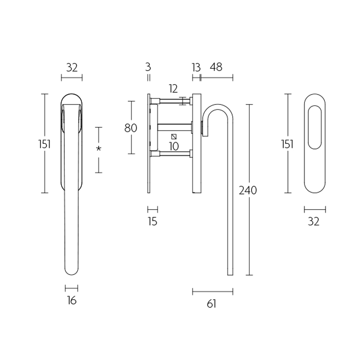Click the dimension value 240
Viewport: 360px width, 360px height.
[x=248, y=190]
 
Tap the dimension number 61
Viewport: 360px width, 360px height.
[x=211, y=304]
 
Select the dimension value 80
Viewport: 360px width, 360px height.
[x=130, y=128]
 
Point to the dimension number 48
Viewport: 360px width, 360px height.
[x=216, y=67]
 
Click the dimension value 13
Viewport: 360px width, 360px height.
[x=196, y=67]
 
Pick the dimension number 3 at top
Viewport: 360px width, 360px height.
[x=148, y=67]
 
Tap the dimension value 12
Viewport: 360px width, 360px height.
[x=173, y=89]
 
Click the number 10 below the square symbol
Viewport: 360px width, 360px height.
[x=174, y=146]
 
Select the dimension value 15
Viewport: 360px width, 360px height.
[x=153, y=221]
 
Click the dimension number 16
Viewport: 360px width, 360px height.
[x=72, y=300]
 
